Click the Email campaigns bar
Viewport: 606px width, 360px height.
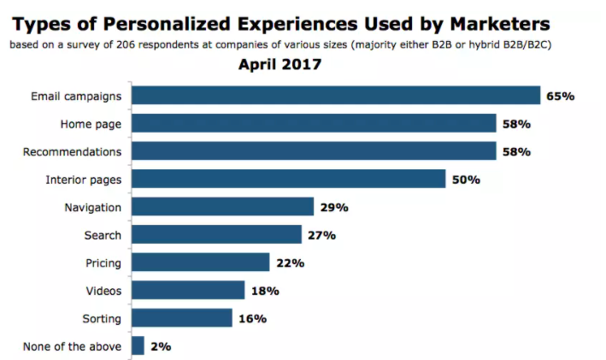pyautogui.click(x=336, y=95)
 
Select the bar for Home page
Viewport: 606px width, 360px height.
pyautogui.click(x=314, y=123)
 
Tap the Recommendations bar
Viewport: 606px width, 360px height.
pyautogui.click(x=314, y=150)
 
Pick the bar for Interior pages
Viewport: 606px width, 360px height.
pyautogui.click(x=289, y=179)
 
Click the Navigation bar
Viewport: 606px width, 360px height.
pyautogui.click(x=222, y=206)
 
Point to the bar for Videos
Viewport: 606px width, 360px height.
pyautogui.click(x=188, y=290)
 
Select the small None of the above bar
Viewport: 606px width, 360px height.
pyautogui.click(x=138, y=345)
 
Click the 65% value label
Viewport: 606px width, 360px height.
pyautogui.click(x=561, y=97)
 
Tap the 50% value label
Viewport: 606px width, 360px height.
pyautogui.click(x=466, y=180)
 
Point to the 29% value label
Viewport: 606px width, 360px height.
pyautogui.click(x=334, y=208)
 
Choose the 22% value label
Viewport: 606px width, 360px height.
pyautogui.click(x=291, y=263)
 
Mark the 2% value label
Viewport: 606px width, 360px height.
pyautogui.click(x=161, y=346)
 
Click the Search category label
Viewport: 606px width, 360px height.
pyautogui.click(x=103, y=235)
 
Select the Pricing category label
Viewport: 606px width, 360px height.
pyautogui.click(x=103, y=263)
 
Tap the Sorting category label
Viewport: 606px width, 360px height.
pyautogui.click(x=102, y=319)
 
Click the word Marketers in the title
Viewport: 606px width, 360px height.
pyautogui.click(x=500, y=24)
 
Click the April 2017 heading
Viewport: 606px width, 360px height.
pyautogui.click(x=279, y=64)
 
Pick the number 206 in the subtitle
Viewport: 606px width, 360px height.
pyautogui.click(x=126, y=44)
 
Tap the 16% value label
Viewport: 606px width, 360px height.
pyautogui.click(x=253, y=319)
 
